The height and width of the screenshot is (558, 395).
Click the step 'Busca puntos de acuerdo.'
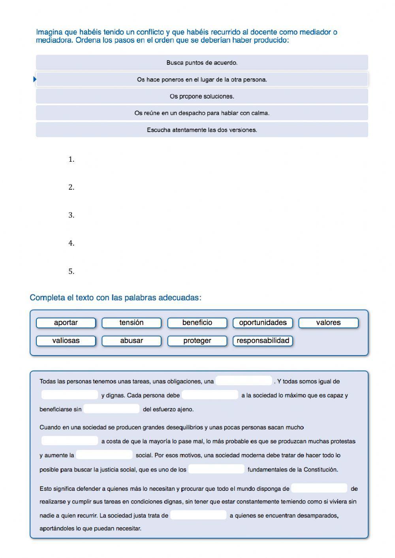(x=202, y=62)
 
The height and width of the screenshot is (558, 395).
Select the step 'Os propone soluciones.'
(x=202, y=96)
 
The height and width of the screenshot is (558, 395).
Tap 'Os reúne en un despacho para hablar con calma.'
(x=202, y=113)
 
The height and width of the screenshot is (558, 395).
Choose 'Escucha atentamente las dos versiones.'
(x=202, y=130)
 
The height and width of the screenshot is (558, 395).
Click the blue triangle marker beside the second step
(x=35, y=79)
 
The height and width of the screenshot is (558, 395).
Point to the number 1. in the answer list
(x=71, y=159)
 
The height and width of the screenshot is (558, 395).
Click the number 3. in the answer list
(x=71, y=215)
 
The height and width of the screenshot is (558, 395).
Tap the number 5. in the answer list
(x=71, y=271)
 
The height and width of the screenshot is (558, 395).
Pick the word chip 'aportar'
(x=66, y=323)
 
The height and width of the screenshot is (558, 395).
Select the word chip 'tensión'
(x=132, y=323)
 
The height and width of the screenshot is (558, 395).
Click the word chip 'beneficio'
(x=197, y=323)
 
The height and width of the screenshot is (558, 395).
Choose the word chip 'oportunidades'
(x=263, y=323)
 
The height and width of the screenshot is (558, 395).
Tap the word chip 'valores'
(x=328, y=323)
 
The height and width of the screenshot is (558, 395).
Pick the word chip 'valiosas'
(x=66, y=340)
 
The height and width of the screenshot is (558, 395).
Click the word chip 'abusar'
(x=132, y=340)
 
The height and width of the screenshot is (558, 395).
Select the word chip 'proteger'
(x=197, y=340)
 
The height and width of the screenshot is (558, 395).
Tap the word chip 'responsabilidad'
(x=263, y=340)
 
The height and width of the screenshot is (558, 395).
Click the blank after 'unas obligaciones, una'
(x=244, y=381)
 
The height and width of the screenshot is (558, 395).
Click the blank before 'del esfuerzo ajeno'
(x=112, y=409)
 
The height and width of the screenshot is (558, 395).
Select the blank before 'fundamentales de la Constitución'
(x=216, y=469)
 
